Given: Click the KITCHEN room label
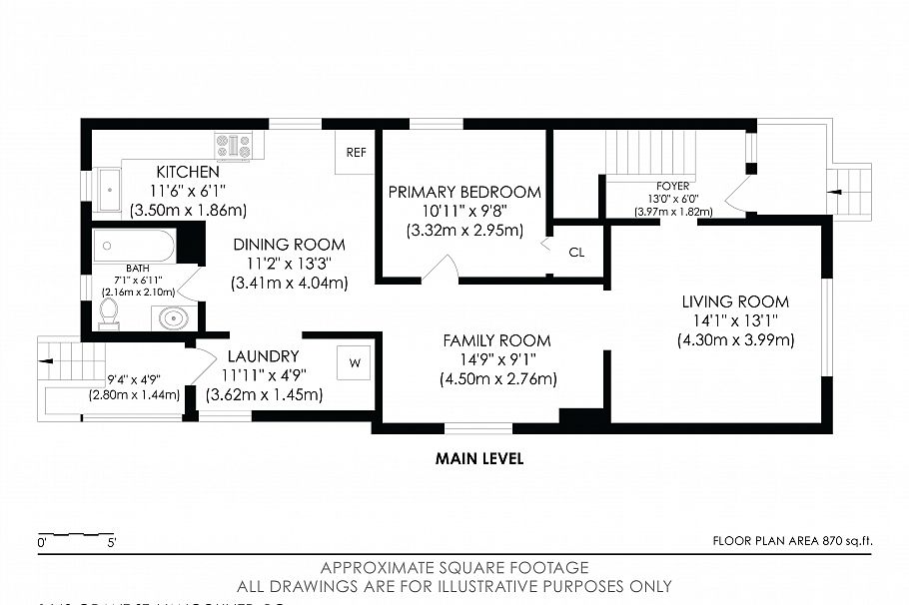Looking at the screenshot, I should tap(187, 172).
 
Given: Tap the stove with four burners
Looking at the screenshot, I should tap(234, 147).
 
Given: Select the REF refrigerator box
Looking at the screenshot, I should tap(356, 153).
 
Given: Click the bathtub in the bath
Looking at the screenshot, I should tap(134, 246).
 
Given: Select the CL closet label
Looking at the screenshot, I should tap(576, 253).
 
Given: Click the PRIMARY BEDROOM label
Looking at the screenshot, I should tap(464, 192).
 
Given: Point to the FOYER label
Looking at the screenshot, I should tap(672, 186).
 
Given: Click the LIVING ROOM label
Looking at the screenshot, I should tap(735, 302).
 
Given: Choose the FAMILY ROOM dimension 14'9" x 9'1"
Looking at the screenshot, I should tap(496, 359).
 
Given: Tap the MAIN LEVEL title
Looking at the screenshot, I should tap(479, 459).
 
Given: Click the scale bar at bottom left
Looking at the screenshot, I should tap(78, 535).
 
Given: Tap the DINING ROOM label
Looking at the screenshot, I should tap(289, 245).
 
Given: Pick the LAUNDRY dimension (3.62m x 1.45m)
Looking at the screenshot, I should tap(264, 394).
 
